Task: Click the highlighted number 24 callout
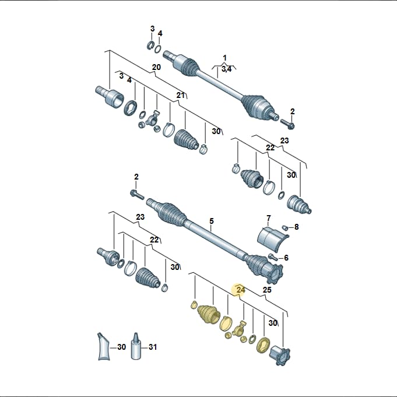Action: coord(241,290)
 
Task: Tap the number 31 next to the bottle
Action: coord(153,347)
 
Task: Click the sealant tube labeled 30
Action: coord(104,346)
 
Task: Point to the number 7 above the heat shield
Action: coord(269,218)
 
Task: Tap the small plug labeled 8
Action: coord(284,227)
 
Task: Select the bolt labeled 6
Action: coord(272,257)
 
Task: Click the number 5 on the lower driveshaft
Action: coord(212,221)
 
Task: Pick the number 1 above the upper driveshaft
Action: coord(224,58)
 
